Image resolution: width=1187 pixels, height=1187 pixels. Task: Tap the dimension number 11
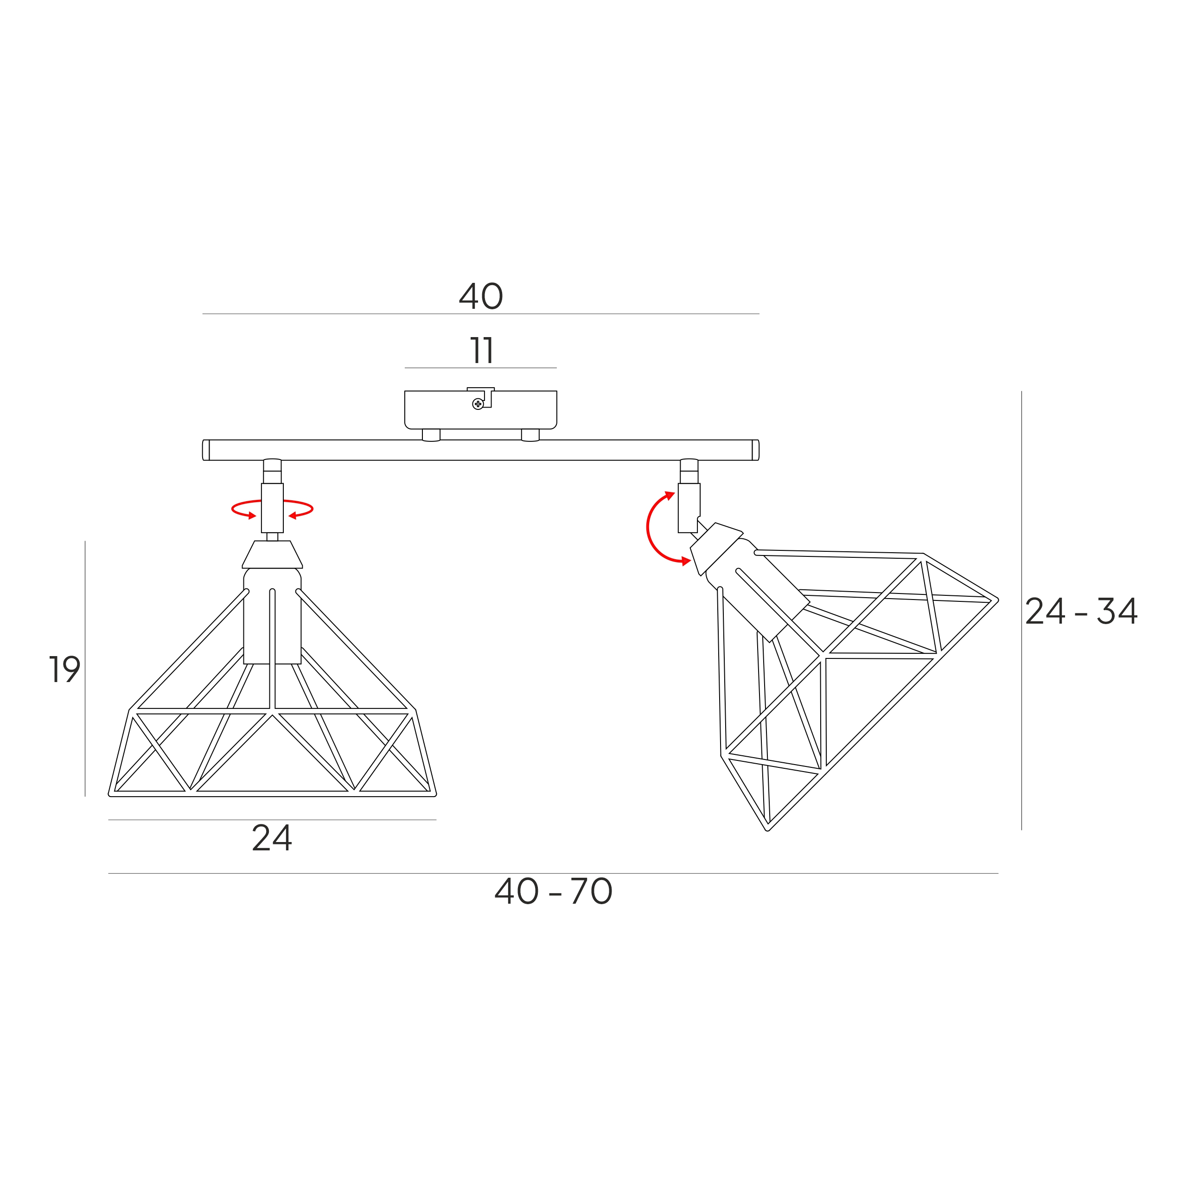click(482, 351)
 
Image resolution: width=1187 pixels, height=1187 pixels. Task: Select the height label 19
click(64, 669)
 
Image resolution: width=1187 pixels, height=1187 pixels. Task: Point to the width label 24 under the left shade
click(272, 838)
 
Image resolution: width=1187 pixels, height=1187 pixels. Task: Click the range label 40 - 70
click(553, 892)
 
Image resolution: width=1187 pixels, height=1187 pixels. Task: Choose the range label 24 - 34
click(1081, 611)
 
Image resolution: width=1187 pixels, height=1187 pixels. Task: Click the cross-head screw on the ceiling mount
click(478, 404)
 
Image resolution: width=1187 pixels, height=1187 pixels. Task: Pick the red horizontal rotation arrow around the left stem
click(272, 509)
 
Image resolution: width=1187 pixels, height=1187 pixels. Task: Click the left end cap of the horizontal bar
click(206, 450)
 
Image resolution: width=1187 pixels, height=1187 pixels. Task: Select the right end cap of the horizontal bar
click(756, 450)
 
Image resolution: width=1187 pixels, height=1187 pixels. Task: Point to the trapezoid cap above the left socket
click(272, 554)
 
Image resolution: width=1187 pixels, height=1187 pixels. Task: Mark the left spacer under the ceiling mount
click(431, 435)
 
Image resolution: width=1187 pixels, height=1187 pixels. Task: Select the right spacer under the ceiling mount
click(530, 435)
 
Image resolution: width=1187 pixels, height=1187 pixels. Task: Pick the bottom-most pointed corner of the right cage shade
click(767, 830)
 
